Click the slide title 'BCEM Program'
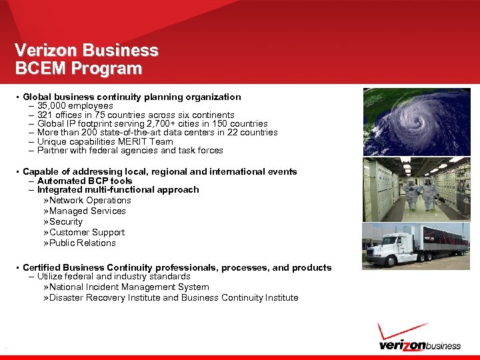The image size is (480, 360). [79, 69]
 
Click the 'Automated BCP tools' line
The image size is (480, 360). [85, 181]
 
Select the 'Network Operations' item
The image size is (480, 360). [90, 200]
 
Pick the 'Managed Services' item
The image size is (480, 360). [87, 211]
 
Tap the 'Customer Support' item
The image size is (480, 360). [87, 232]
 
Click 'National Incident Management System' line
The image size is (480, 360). [129, 287]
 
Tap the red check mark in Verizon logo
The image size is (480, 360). [401, 331]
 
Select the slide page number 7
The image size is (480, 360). [5, 349]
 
